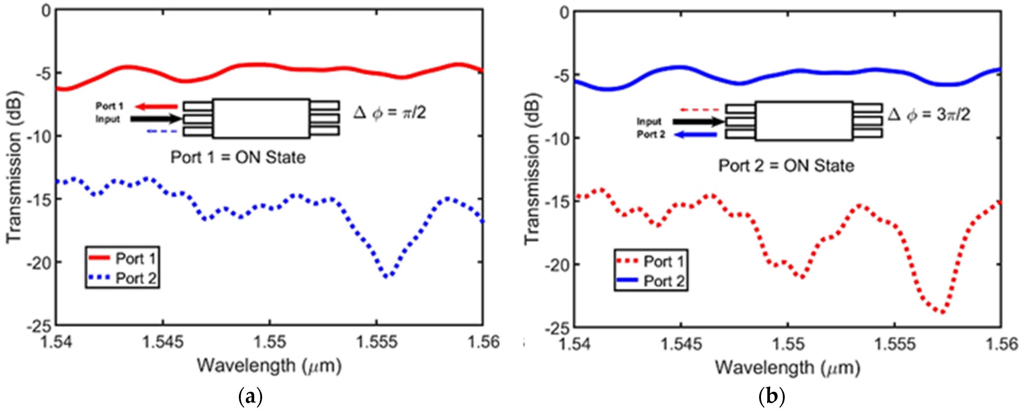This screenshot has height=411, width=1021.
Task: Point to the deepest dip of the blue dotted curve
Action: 387,276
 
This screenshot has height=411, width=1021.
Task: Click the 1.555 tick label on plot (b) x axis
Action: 895,344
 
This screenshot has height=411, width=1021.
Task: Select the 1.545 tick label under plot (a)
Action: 163,342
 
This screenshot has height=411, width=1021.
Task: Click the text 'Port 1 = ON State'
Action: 238,158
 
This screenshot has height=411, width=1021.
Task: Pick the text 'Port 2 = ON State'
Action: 786,166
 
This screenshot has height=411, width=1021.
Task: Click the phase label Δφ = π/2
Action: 390,113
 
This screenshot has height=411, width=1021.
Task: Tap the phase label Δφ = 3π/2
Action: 929,115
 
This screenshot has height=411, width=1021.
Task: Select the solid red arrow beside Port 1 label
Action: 156,106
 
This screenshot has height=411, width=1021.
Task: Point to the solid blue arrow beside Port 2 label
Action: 696,135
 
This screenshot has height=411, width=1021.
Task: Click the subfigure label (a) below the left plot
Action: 251,396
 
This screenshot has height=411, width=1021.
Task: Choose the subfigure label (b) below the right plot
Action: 771,396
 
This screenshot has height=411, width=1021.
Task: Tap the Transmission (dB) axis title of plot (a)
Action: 14,167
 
